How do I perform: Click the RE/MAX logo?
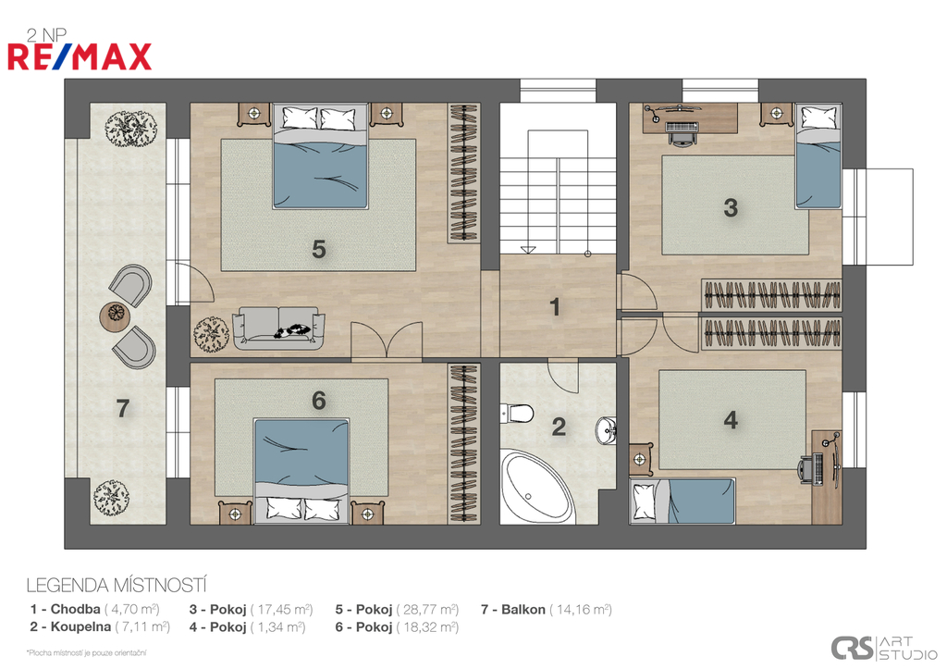[x=80, y=56]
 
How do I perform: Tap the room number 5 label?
[x=319, y=249]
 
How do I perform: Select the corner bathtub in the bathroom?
[x=537, y=487]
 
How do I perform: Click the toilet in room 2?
[x=516, y=414]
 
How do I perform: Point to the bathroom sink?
[x=606, y=430]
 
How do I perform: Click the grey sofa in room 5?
[x=278, y=328]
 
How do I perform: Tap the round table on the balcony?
[x=116, y=315]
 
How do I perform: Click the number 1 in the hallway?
[x=555, y=307]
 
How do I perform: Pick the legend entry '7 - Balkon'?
[x=512, y=609]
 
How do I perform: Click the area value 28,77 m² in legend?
[x=427, y=609]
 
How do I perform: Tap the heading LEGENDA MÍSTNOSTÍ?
[x=117, y=585]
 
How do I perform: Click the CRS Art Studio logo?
[x=883, y=648]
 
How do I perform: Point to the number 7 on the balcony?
[x=123, y=409]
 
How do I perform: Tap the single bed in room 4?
[x=682, y=501]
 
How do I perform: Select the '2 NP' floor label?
[x=46, y=36]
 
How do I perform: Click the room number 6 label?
[x=319, y=401]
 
